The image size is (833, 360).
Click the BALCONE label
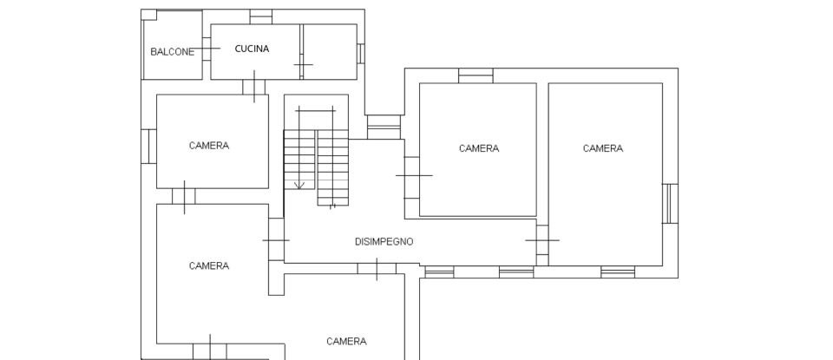click(x=173, y=52)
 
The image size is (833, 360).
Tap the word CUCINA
click(x=252, y=49)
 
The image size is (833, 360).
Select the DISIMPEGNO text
click(x=384, y=241)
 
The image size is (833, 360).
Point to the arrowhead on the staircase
click(x=299, y=185)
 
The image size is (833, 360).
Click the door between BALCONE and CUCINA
click(x=207, y=49)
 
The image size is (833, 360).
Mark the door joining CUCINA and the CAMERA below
click(x=253, y=87)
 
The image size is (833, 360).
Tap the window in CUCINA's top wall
click(x=260, y=16)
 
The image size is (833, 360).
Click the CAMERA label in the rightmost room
click(x=602, y=148)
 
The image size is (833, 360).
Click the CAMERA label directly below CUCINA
click(x=209, y=146)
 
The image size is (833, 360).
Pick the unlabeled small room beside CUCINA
click(x=329, y=51)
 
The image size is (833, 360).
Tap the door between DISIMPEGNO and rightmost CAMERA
click(x=541, y=240)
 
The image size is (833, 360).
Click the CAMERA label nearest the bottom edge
click(x=346, y=341)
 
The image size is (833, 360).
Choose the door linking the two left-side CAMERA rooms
click(x=184, y=197)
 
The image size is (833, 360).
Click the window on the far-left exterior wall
click(x=148, y=146)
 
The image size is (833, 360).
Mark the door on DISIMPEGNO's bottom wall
click(x=377, y=269)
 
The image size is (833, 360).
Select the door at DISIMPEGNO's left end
click(x=276, y=239)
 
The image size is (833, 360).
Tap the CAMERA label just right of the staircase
click(x=479, y=148)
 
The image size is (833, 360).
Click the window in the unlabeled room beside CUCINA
click(x=360, y=53)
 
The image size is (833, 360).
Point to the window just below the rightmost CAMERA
click(x=618, y=272)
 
